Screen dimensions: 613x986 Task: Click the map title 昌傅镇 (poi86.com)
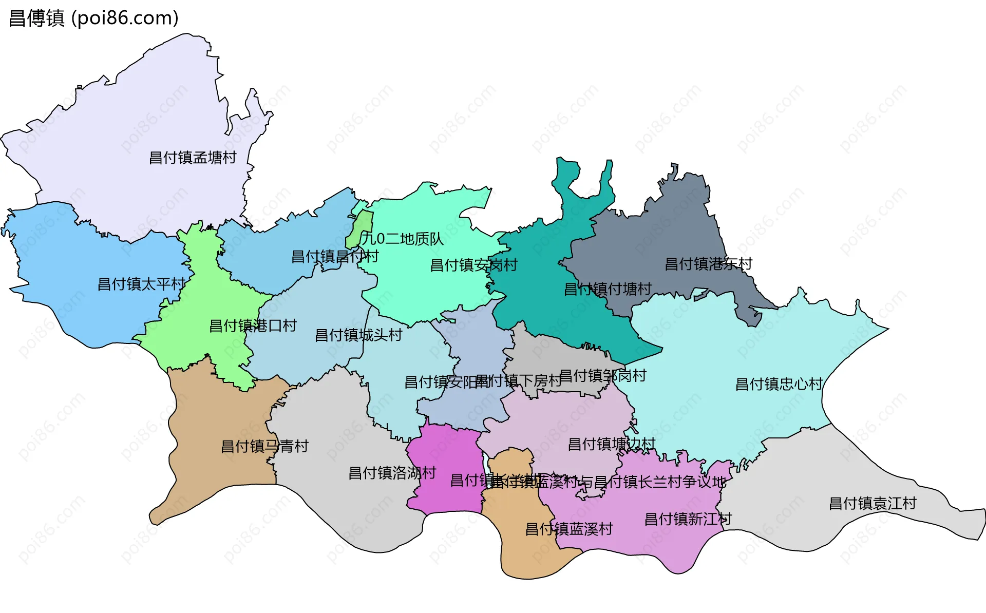tap(93, 18)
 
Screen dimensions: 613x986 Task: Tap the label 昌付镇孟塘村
tap(193, 158)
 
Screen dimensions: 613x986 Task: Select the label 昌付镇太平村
tap(141, 284)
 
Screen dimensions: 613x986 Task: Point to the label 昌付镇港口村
tap(253, 325)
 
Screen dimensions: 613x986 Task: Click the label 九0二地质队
tap(402, 239)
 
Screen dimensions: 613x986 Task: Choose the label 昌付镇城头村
tap(358, 335)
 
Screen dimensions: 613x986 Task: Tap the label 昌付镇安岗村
tap(473, 265)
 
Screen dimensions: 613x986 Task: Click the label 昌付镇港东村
tap(708, 264)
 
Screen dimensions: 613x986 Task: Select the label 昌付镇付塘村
tap(608, 289)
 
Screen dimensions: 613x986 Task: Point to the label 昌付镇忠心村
tap(779, 384)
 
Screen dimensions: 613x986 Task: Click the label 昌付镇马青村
tap(264, 446)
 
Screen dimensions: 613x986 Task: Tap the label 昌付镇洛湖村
tap(392, 473)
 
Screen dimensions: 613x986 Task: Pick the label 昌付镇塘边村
tap(612, 444)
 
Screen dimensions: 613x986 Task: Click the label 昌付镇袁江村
tap(873, 503)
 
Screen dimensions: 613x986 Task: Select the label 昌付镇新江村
tap(688, 519)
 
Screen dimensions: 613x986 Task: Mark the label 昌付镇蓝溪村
tap(569, 529)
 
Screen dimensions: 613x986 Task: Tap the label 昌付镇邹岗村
tap(602, 376)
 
